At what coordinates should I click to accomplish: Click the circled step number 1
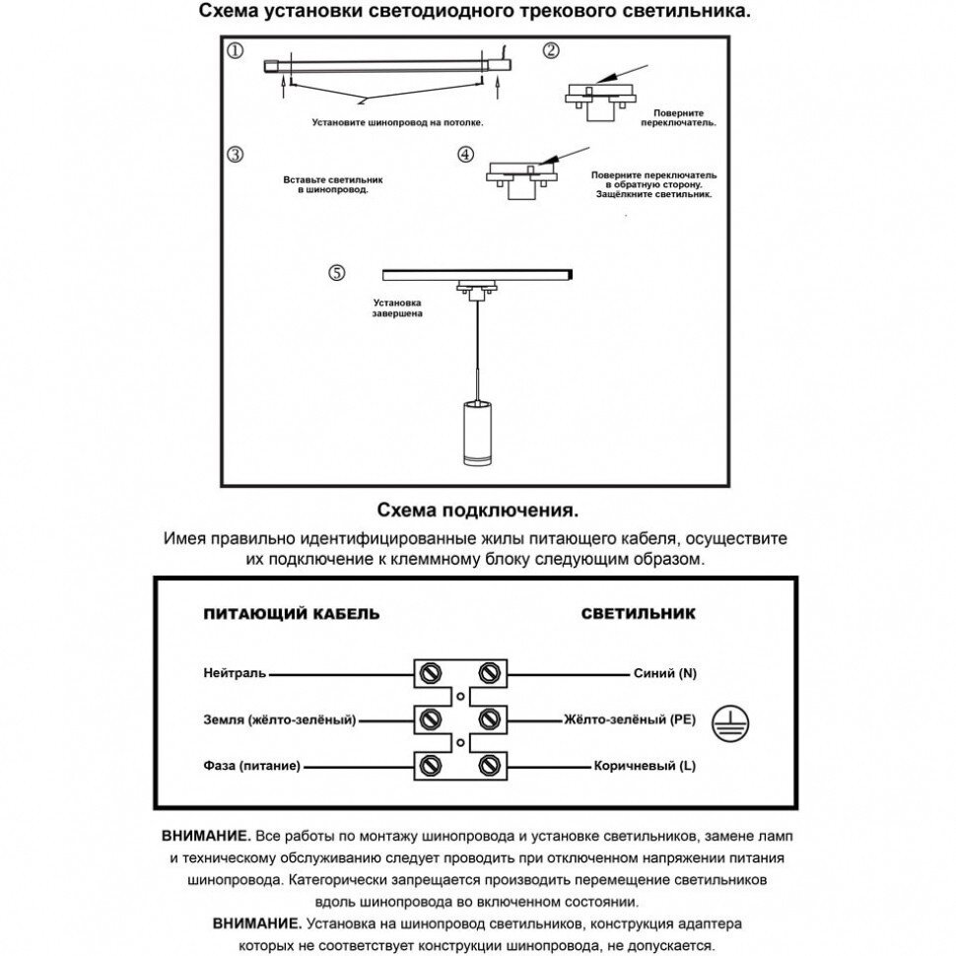click(235, 51)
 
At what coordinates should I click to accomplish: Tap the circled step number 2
click(551, 51)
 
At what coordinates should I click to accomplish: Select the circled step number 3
click(235, 155)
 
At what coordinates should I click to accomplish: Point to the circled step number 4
click(466, 156)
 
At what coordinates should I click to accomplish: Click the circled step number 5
click(338, 273)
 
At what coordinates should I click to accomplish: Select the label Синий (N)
click(664, 674)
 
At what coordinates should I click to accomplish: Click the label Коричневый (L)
click(645, 766)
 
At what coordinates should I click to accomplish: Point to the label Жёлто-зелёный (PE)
click(630, 720)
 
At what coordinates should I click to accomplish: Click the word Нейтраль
click(235, 674)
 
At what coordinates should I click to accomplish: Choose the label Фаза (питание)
click(251, 766)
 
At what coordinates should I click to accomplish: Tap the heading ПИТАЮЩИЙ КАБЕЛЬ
click(291, 613)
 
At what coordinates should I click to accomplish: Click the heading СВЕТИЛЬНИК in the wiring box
click(638, 613)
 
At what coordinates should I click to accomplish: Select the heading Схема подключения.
click(477, 511)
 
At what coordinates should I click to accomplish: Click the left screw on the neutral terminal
click(430, 673)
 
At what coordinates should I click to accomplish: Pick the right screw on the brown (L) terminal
click(488, 766)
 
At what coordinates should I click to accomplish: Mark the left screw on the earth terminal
click(430, 719)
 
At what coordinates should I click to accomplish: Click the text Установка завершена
click(397, 308)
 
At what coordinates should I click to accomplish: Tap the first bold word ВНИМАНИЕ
click(204, 835)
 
